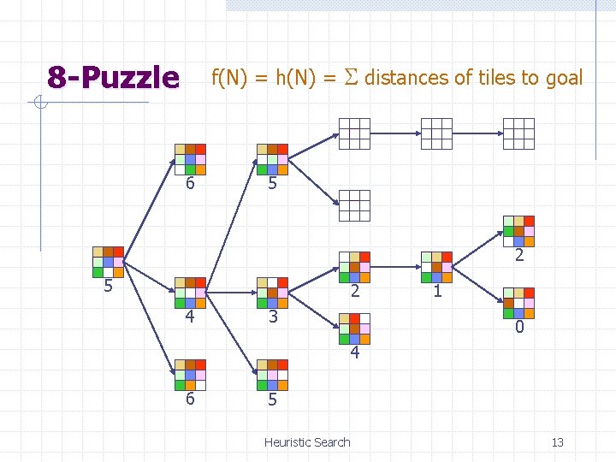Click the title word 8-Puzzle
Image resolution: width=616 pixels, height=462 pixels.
(113, 78)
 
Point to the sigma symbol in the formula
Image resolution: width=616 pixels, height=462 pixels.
(351, 78)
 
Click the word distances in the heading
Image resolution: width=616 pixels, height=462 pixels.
(407, 78)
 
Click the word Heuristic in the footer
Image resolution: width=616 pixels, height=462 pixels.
(288, 442)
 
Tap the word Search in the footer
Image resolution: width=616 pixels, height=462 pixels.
(333, 442)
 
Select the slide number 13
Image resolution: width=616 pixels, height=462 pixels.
(557, 442)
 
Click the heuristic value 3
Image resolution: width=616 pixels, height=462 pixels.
(271, 317)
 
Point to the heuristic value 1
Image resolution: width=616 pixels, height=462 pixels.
(437, 292)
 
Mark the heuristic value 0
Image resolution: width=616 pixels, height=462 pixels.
(519, 329)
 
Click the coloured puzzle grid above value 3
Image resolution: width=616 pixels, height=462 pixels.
(273, 292)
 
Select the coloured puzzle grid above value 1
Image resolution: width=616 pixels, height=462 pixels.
(436, 267)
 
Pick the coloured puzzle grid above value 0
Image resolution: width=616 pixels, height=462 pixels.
(518, 304)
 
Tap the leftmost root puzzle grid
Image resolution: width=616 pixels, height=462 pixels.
(109, 262)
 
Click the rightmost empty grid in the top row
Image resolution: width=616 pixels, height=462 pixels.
(518, 133)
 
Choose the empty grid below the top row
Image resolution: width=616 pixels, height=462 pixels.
(354, 205)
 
